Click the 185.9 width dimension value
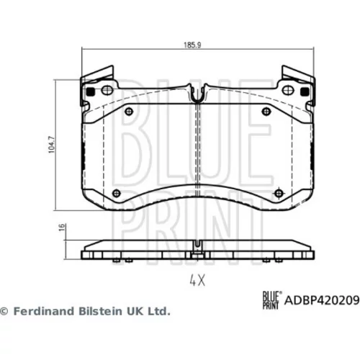[192, 45]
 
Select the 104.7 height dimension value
[51, 145]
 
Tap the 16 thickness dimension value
[62, 227]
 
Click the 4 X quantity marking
[197, 280]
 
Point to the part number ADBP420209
[322, 300]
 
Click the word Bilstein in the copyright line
[101, 311]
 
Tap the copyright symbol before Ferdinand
[4, 312]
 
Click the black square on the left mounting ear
[91, 91]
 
